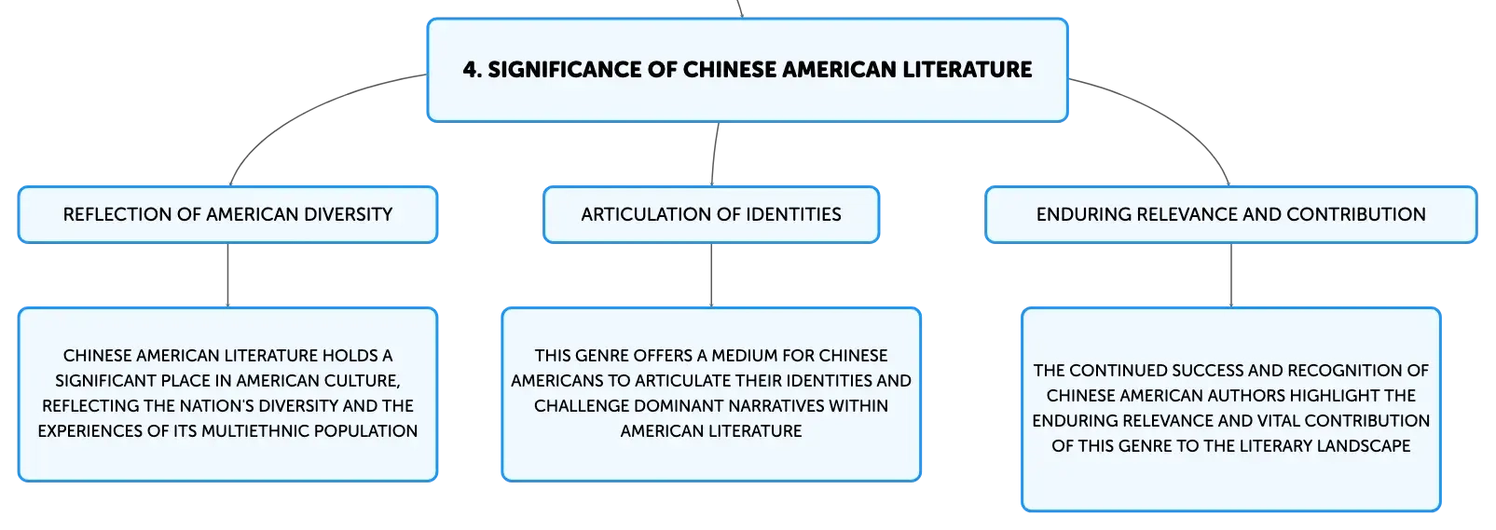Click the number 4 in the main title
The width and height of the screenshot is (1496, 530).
coord(470,70)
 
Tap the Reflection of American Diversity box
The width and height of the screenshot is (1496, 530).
coord(227,214)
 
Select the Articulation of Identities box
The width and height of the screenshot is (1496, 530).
coord(711,214)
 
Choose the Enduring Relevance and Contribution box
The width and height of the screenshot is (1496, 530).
coord(1231,214)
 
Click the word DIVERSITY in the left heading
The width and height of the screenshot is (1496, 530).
coord(348,214)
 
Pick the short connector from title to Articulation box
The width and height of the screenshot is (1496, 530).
coord(714,155)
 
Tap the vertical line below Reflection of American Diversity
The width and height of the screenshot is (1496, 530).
coord(227,275)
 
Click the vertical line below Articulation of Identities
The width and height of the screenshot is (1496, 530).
coord(711,275)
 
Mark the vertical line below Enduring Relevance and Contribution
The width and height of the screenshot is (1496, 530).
coord(1231,275)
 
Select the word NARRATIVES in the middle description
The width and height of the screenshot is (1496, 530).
coord(775,406)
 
